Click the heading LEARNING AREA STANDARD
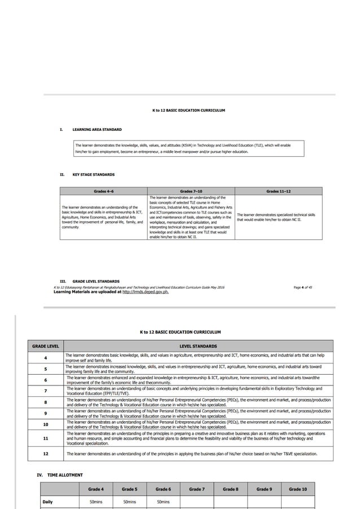pos(96,130)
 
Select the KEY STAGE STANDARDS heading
pos(93,175)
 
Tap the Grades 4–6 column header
pos(103,192)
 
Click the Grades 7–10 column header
pos(191,192)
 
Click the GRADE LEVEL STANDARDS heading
pos(95,281)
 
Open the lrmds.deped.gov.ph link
pos(146,292)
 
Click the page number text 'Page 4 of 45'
pos(303,287)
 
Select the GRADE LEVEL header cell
pos(45,346)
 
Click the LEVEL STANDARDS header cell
pos(198,346)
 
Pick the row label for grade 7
pos(45,390)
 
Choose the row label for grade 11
pos(45,438)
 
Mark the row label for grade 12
pos(45,453)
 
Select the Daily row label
pos(48,501)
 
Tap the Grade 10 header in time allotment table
pos(297,489)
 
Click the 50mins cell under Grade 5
pos(129,501)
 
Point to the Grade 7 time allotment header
pos(196,489)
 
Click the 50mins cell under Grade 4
pos(96,501)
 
